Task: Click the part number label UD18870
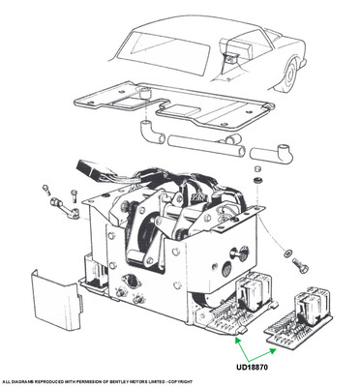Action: (x=252, y=367)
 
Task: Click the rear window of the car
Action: (x=165, y=52)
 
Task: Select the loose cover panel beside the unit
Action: (x=56, y=301)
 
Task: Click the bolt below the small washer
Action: (x=301, y=266)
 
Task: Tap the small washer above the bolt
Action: (x=286, y=253)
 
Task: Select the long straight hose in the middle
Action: (x=206, y=146)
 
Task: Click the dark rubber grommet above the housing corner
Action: (x=257, y=181)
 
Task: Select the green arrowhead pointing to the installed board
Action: (x=238, y=340)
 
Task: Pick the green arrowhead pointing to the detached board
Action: (x=274, y=351)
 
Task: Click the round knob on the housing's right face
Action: (x=237, y=253)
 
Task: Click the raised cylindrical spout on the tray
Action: (x=145, y=93)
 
